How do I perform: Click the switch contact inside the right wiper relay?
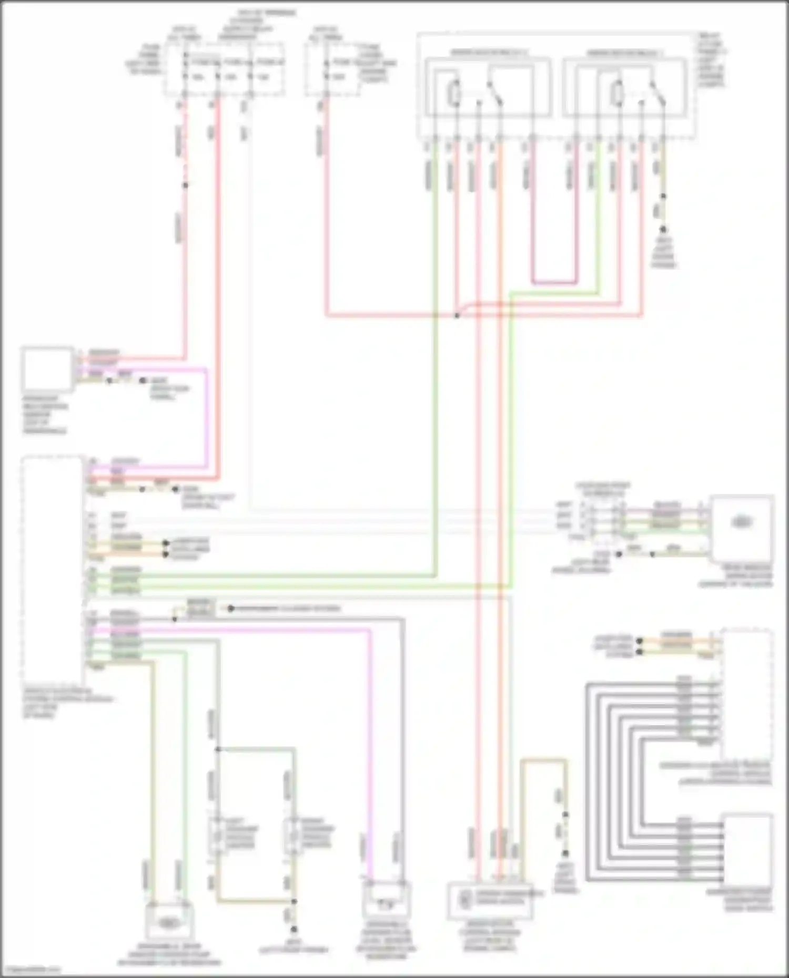coord(656,94)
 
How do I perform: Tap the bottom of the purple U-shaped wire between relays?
coord(553,283)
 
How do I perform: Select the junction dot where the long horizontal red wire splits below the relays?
coord(457,316)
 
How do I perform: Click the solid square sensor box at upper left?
coord(47,369)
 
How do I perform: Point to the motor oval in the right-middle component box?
coord(741,522)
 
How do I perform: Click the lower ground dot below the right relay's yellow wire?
coord(663,230)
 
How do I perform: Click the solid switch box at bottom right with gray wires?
coord(747,848)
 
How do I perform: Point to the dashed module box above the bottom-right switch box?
coord(747,694)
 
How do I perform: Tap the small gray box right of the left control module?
coord(200,609)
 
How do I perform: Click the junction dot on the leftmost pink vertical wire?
coord(185,185)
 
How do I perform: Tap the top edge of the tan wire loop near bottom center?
coord(544,760)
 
